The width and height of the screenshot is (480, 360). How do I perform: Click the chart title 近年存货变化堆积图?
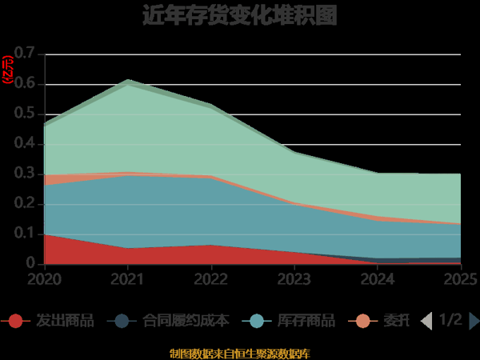click(x=239, y=16)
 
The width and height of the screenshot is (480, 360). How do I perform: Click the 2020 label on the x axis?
click(x=44, y=278)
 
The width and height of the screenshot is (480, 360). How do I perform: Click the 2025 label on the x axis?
click(x=460, y=278)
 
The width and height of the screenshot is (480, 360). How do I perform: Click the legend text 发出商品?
click(x=65, y=321)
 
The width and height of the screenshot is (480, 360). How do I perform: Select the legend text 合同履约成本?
click(x=186, y=321)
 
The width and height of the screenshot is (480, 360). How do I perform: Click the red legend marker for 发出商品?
click(x=15, y=321)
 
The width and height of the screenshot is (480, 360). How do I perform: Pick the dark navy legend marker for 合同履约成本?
click(x=122, y=321)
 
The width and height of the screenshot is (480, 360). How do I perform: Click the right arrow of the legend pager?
click(x=474, y=321)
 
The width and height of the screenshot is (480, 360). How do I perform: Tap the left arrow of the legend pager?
click(x=426, y=321)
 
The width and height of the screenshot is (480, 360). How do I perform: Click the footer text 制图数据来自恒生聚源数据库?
click(x=239, y=353)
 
